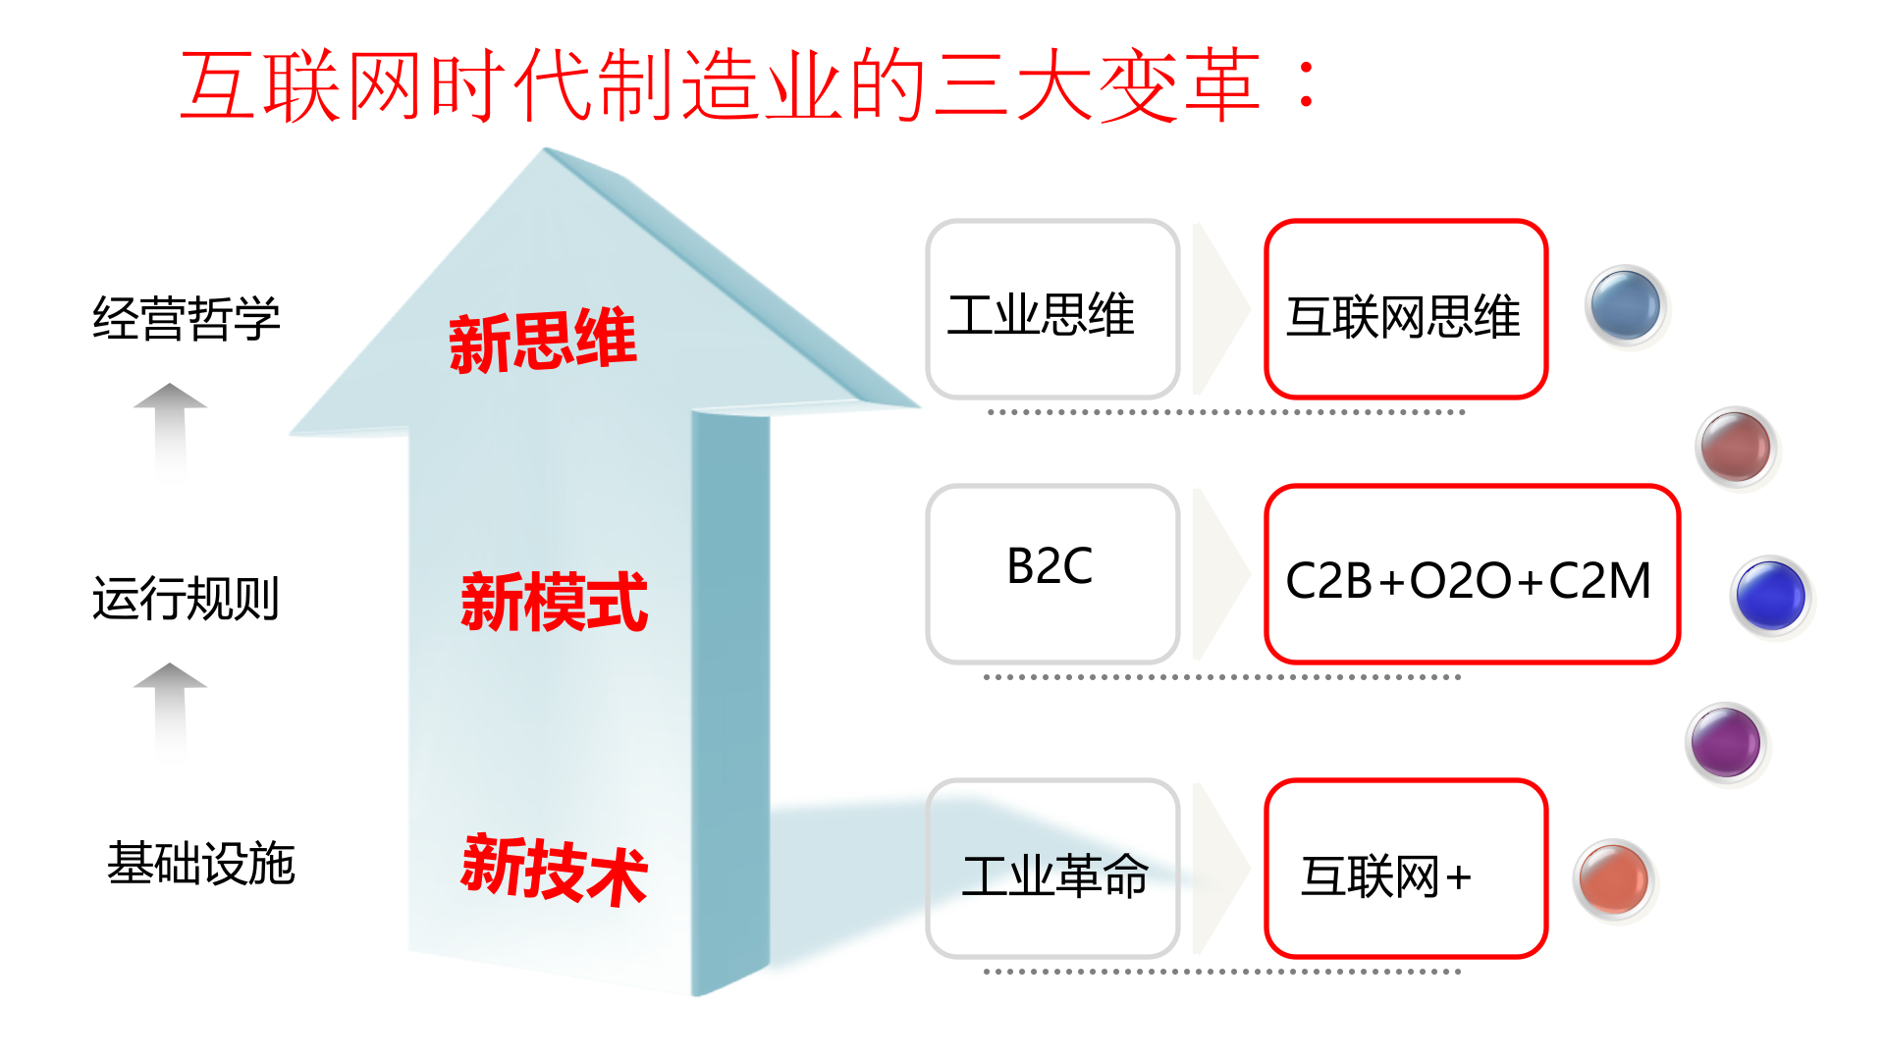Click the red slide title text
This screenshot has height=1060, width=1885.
(x=751, y=86)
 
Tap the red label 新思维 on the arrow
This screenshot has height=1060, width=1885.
(x=543, y=341)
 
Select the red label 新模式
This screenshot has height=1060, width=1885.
(x=554, y=602)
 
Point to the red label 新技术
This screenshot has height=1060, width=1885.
(x=554, y=869)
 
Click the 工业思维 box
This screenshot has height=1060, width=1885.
(x=1051, y=309)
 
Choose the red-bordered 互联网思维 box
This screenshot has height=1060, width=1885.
(x=1405, y=309)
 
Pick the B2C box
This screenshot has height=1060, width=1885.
(x=1051, y=573)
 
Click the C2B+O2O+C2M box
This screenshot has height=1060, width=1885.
(x=1471, y=574)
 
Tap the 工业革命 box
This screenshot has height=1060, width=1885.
(x=1051, y=869)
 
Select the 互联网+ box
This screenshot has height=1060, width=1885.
(x=1405, y=869)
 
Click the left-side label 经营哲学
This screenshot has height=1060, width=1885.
(x=187, y=319)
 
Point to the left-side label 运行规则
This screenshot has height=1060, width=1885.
(x=187, y=598)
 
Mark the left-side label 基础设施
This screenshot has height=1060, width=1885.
(x=201, y=864)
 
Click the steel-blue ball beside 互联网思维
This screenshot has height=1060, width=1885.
(x=1626, y=306)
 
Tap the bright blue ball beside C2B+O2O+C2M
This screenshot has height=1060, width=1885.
(x=1770, y=595)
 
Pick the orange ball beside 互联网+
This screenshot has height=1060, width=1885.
(x=1614, y=879)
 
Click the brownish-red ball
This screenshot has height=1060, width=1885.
(x=1736, y=447)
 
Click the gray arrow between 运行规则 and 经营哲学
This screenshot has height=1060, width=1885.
(x=170, y=427)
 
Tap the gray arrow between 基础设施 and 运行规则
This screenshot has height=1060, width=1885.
(x=170, y=707)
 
